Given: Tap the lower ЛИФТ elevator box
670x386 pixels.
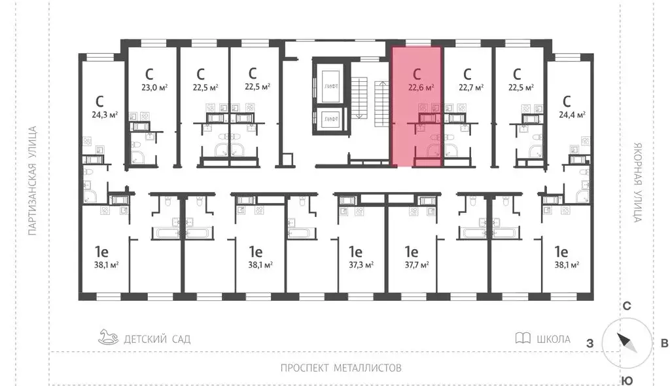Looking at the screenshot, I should point(330,119).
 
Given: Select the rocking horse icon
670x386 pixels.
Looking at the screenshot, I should point(109,338).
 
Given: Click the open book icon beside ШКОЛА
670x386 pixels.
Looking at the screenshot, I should point(522,339).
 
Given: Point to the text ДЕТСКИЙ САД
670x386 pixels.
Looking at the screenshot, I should point(158,339).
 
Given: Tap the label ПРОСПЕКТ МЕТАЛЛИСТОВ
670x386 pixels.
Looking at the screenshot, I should point(340,368).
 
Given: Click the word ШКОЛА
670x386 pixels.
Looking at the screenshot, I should point(553,339).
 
